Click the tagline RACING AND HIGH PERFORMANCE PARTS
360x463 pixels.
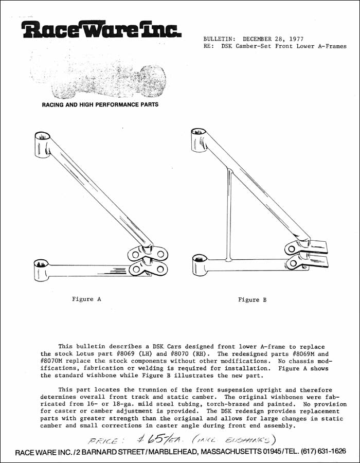100,105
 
